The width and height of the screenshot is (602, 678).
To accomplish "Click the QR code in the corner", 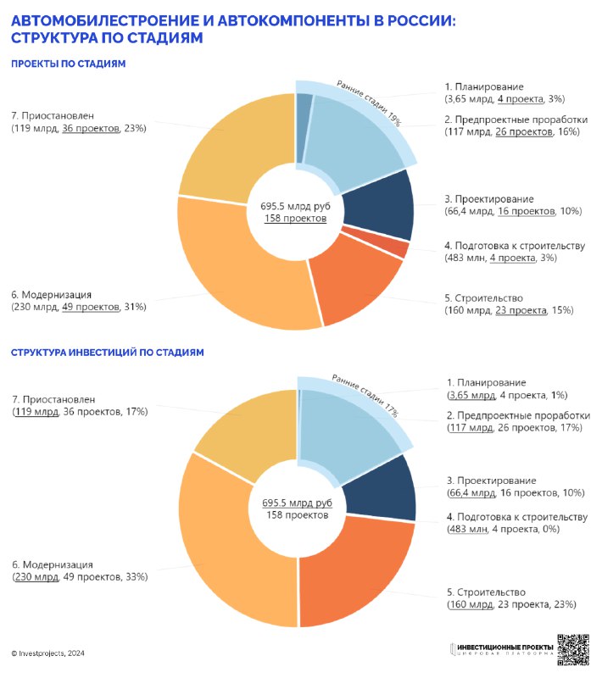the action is [573, 649].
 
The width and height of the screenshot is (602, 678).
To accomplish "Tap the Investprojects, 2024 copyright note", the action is [47, 653].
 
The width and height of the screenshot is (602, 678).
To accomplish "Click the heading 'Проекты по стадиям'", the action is [69, 64].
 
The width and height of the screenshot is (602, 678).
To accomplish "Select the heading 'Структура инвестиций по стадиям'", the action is [107, 353].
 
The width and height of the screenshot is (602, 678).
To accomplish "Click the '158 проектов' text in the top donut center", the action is [295, 218].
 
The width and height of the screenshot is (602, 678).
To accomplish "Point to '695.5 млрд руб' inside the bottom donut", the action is [297, 503].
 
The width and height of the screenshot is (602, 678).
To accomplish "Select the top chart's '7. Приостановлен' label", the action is [53, 116].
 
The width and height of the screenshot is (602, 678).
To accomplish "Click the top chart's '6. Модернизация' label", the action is [52, 294].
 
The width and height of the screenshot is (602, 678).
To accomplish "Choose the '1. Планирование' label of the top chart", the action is [484, 86].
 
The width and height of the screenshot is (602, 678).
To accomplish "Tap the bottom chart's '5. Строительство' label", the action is [486, 592].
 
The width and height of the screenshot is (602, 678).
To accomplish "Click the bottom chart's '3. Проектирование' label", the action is [491, 481].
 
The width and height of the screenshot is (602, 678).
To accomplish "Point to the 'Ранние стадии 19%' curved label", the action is [369, 103].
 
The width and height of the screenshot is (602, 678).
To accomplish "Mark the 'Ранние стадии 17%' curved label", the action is [365, 396].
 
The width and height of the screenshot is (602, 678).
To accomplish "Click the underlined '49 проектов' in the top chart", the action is [91, 307].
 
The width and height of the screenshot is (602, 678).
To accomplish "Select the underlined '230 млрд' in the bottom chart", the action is [36, 577].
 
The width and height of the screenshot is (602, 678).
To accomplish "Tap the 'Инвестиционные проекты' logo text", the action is [505, 647].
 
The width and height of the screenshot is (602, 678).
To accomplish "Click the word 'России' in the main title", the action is [421, 20].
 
